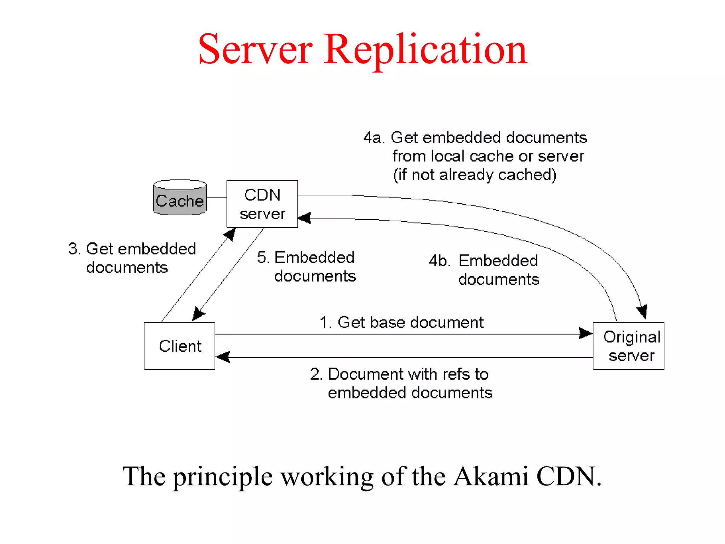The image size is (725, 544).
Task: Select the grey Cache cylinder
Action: tap(180, 198)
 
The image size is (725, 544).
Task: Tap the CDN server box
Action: tap(262, 204)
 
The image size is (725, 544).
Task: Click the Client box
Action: tap(179, 346)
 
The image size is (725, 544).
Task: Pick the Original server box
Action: tap(629, 346)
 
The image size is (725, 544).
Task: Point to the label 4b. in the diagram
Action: tap(439, 261)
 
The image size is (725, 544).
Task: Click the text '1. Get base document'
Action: tap(401, 323)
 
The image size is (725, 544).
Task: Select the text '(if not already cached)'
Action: tap(475, 175)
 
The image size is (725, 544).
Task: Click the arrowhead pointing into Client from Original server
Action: tap(223, 357)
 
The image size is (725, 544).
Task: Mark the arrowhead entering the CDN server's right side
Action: tap(304, 218)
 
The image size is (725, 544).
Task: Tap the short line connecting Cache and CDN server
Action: tap(217, 198)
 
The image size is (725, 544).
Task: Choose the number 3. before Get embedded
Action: tap(74, 249)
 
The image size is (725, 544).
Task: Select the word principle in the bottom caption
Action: tap(223, 477)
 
